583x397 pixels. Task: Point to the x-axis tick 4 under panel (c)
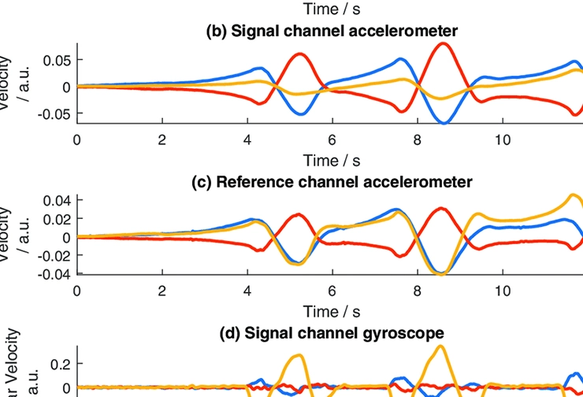(247, 291)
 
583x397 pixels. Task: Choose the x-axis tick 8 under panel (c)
(418, 291)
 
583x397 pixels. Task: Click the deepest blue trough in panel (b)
(445, 123)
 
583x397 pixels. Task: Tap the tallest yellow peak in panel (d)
(440, 347)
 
